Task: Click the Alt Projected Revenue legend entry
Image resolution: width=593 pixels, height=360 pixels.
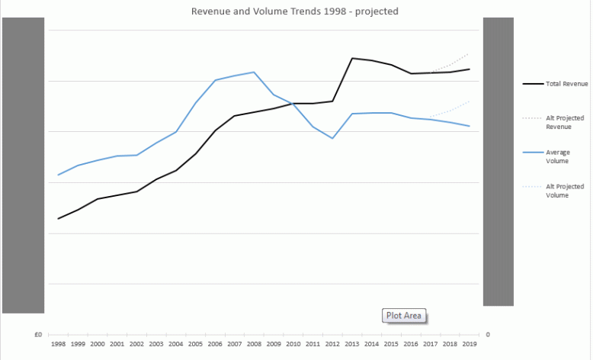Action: [564, 122]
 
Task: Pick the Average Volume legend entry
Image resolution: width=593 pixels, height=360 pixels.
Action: [558, 156]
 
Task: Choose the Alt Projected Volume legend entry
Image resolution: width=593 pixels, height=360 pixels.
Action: [564, 191]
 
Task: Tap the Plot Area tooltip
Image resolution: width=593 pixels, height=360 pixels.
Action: [403, 316]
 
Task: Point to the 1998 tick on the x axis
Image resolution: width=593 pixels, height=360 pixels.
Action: [58, 345]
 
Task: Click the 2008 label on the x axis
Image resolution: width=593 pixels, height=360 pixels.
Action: [254, 345]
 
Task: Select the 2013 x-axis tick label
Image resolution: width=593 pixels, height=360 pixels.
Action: [352, 345]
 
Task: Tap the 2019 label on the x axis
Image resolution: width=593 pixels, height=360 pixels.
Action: [470, 345]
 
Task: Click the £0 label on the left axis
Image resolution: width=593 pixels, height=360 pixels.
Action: [37, 335]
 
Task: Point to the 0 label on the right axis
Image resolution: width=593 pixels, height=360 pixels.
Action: [488, 335]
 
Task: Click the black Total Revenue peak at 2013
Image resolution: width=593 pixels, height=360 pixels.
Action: [352, 58]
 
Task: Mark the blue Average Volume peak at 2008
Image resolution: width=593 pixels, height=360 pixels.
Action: [254, 72]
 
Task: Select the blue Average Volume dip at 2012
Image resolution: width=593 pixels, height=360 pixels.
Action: [332, 138]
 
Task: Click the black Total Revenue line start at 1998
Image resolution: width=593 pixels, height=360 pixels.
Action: [58, 219]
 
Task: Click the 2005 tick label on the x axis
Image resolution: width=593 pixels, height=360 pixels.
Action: [195, 345]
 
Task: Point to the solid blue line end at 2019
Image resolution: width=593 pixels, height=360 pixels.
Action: [470, 126]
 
